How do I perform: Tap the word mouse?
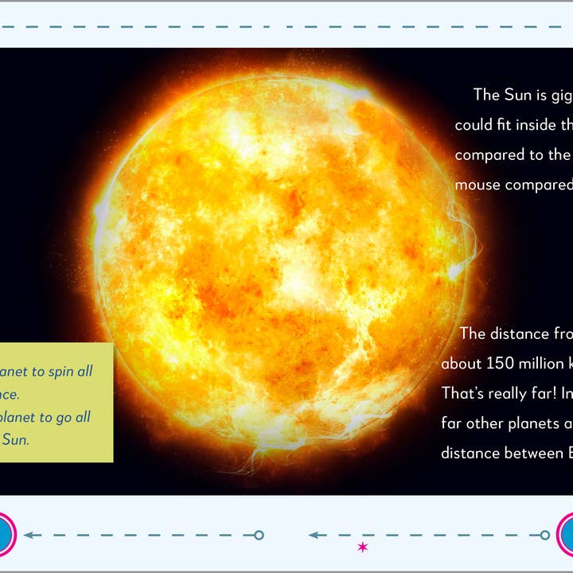[477, 185]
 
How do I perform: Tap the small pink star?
[363, 547]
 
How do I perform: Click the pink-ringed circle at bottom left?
[3, 535]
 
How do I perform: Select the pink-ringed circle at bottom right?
[568, 535]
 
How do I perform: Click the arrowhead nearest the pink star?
[314, 536]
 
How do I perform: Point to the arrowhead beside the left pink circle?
[29, 536]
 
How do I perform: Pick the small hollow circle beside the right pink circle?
[545, 536]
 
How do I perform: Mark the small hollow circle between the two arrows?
[259, 536]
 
